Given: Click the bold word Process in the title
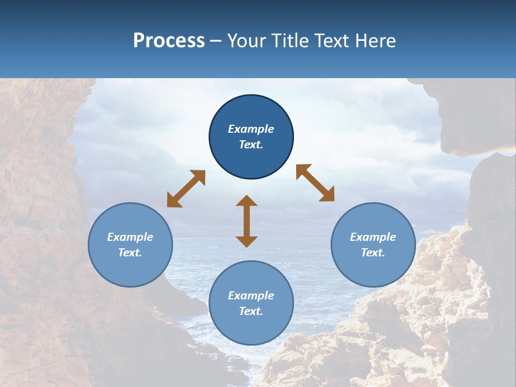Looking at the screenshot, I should click(x=169, y=41).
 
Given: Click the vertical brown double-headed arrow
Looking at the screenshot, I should click(x=247, y=221).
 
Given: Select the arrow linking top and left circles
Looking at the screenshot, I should click(x=186, y=189).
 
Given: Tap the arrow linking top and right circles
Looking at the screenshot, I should click(x=315, y=183).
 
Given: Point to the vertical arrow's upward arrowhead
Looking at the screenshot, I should click(x=247, y=200).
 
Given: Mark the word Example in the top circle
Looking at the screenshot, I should click(x=251, y=129).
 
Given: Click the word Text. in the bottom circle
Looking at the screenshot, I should click(x=251, y=311).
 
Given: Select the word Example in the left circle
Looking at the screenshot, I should click(x=130, y=237).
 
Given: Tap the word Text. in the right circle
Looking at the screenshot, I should click(x=373, y=253).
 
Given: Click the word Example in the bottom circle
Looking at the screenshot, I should click(x=251, y=296).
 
